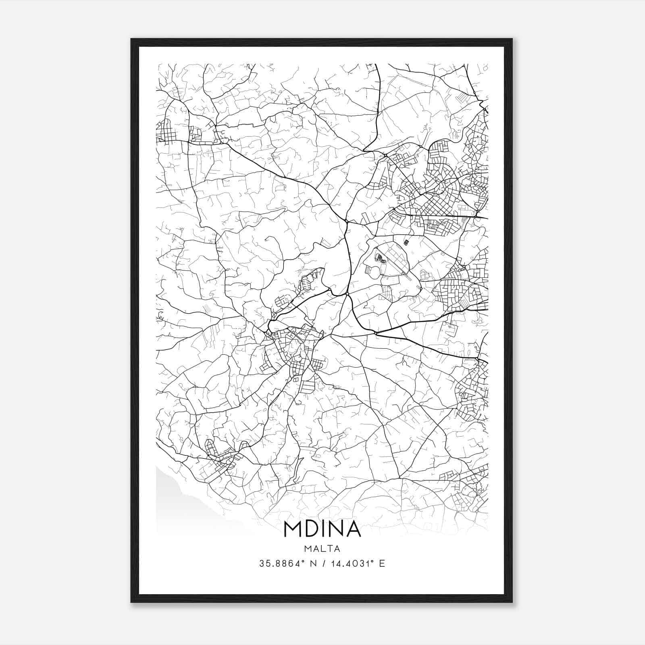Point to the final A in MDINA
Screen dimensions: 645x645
coord(354,529)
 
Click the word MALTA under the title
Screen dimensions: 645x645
coord(322,549)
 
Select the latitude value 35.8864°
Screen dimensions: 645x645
coord(282,564)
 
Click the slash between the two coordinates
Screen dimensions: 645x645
coord(323,564)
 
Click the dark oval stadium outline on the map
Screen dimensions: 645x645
coord(379,257)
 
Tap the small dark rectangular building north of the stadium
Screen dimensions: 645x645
coord(406,242)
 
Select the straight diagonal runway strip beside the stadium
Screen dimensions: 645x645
coord(397,268)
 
